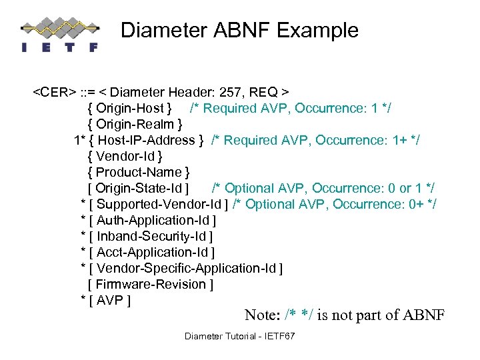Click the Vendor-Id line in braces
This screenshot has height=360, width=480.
tap(125, 156)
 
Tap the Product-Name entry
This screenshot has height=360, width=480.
tap(139, 172)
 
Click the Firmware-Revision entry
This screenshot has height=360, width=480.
tap(151, 284)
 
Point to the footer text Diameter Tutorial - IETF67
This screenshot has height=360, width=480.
tap(239, 336)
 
